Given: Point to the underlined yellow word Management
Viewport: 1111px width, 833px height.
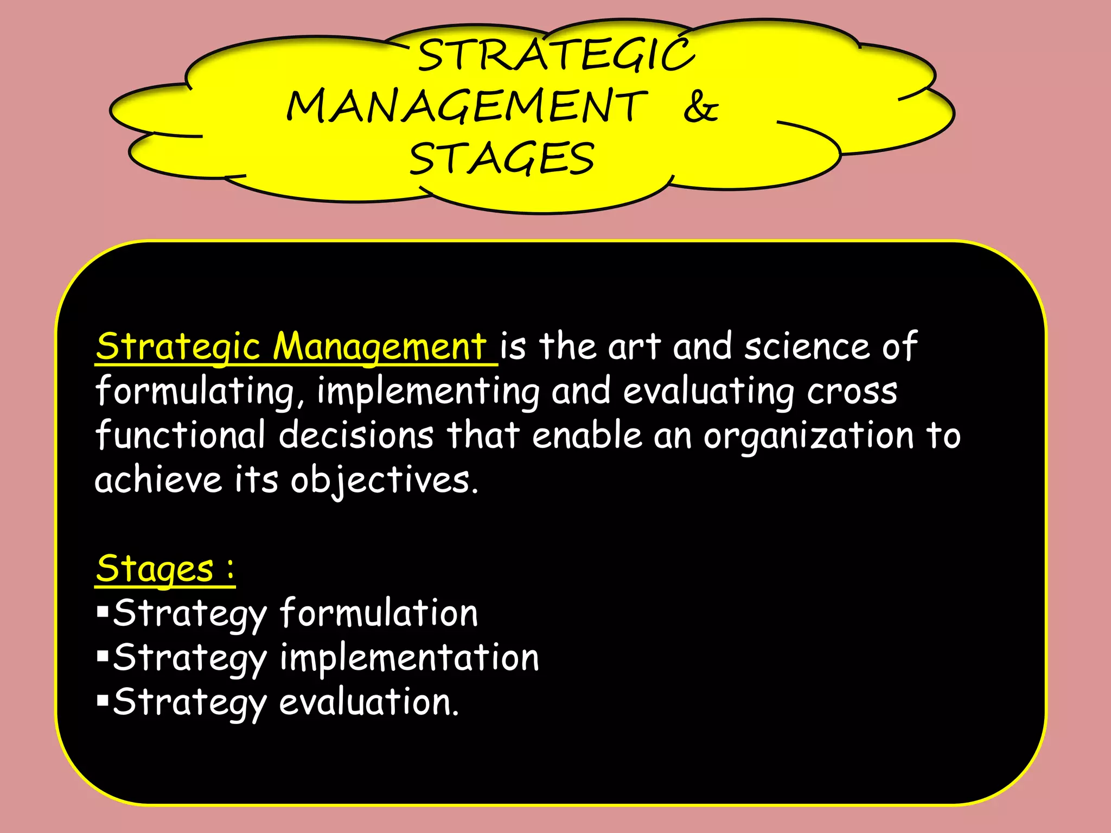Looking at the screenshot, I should point(379,347).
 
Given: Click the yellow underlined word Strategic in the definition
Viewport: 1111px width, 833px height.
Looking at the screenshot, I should point(178,347).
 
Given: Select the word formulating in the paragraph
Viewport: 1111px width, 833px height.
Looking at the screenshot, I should point(195,392).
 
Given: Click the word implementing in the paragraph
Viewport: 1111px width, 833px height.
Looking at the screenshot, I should point(429,392).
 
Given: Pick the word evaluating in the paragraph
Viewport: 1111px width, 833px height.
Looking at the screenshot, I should point(708,392).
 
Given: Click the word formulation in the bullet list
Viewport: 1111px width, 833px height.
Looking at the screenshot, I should point(379,613).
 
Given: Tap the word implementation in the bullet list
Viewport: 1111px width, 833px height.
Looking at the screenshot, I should point(410,658).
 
